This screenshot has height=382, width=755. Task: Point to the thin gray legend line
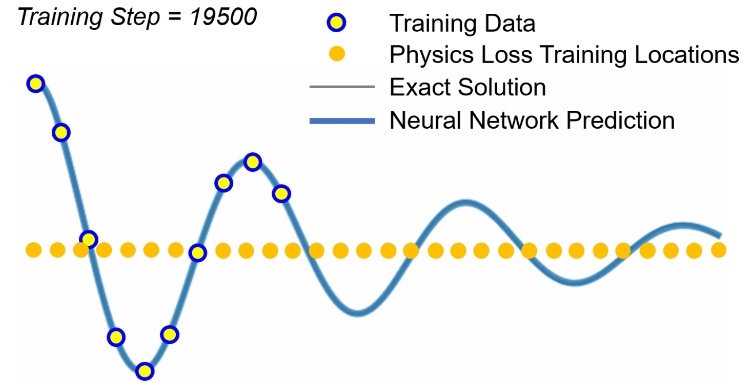(341, 87)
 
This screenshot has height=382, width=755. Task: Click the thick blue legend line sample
(341, 121)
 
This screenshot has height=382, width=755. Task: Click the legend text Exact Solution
(467, 87)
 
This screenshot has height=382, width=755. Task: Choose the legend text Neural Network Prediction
(531, 121)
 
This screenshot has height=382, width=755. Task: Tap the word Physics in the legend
(429, 55)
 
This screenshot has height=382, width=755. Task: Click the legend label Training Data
(462, 24)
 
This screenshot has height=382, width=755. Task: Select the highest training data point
(36, 84)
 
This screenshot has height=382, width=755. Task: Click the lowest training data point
(145, 371)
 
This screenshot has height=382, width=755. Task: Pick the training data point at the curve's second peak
(252, 163)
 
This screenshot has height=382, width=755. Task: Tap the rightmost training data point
(281, 194)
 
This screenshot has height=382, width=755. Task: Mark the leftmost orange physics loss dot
(34, 250)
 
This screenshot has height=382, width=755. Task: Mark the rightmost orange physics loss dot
(718, 250)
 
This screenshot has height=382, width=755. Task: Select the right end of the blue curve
(719, 235)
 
